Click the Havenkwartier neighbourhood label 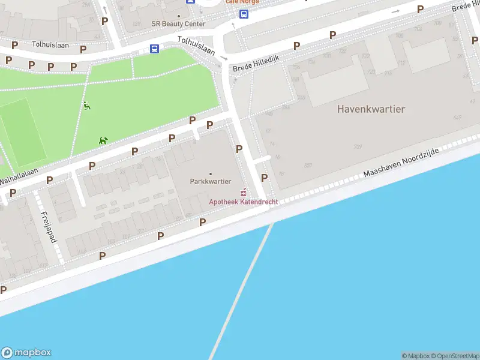[371, 109]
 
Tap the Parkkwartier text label [210, 181]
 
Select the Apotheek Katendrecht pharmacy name [243, 202]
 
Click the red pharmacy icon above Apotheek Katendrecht [243, 193]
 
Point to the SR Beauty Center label [178, 24]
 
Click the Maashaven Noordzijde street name [401, 163]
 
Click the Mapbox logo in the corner [26, 353]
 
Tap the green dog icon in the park [103, 140]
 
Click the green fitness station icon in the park [88, 106]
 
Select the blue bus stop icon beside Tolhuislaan [154, 49]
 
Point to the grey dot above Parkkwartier [210, 174]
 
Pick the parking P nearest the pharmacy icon [264, 178]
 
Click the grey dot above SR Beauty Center [178, 17]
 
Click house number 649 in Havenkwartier [457, 118]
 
